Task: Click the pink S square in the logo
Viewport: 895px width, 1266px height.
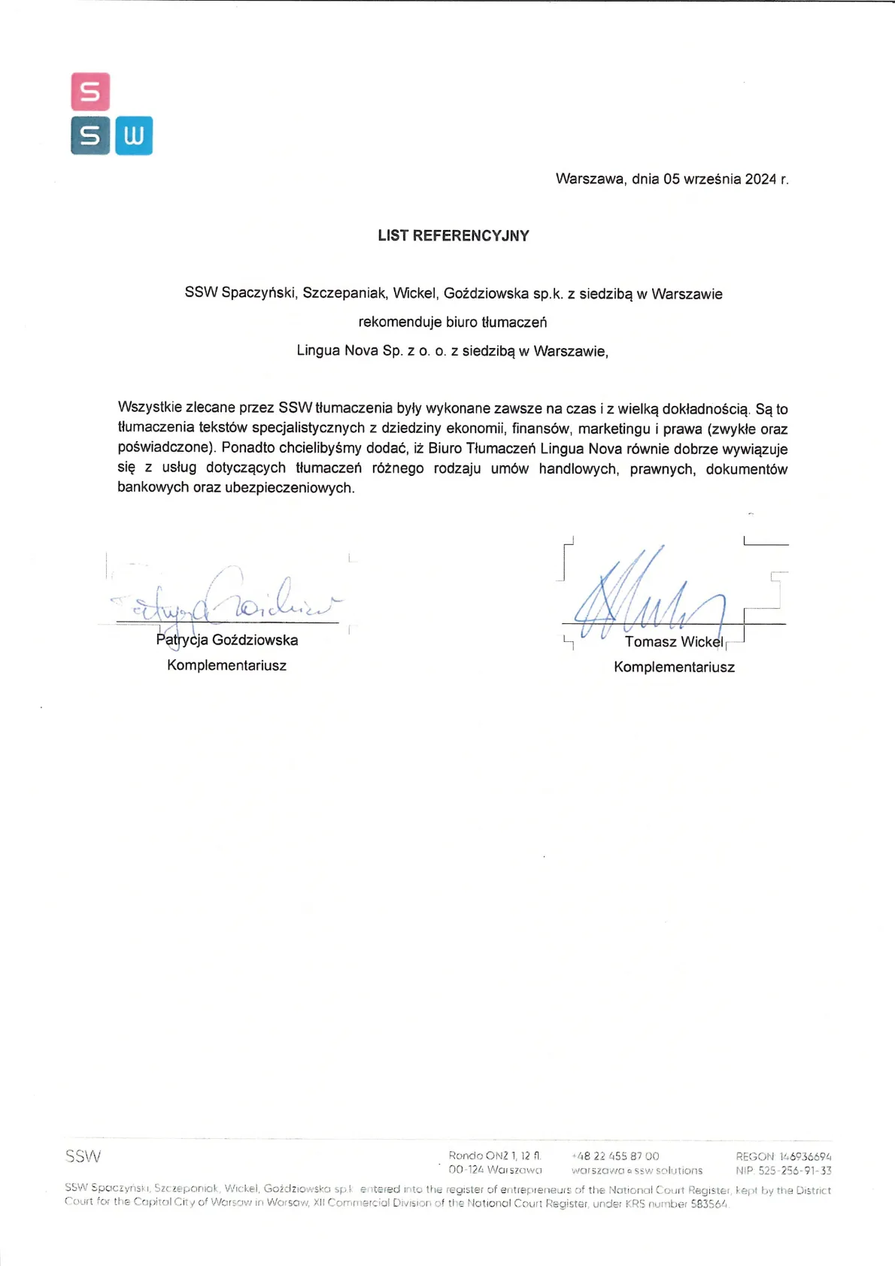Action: pos(90,92)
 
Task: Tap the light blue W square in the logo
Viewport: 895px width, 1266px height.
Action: pos(134,135)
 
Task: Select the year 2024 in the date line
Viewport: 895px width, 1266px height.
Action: pos(760,179)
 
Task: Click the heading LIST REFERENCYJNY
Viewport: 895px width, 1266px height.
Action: pos(454,236)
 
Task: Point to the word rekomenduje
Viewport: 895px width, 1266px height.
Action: pos(400,323)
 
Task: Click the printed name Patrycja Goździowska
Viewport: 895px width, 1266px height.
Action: pos(227,641)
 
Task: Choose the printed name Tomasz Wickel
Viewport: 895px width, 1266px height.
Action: pos(674,642)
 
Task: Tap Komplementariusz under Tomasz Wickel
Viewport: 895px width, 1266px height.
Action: pos(674,668)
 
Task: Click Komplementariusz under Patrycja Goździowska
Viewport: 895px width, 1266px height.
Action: pos(227,666)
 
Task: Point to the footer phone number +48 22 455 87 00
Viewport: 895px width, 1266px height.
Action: pos(615,1156)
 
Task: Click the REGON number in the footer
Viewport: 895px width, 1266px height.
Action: pos(805,1157)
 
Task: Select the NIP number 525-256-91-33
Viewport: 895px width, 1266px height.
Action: pos(794,1171)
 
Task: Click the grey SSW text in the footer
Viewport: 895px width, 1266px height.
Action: pos(83,1156)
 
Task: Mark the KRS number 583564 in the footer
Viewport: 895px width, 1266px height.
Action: pos(709,1204)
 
